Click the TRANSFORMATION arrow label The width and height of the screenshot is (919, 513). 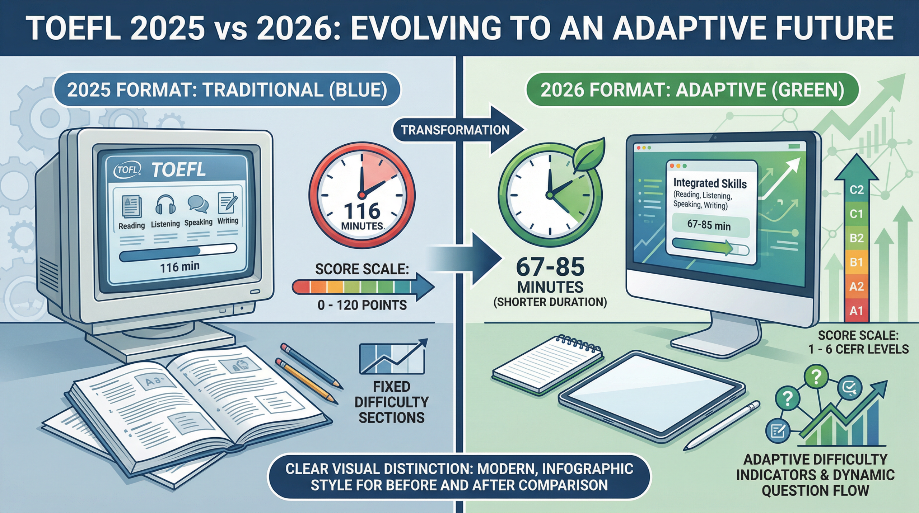pos(455,130)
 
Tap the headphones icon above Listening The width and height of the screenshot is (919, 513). pos(165,205)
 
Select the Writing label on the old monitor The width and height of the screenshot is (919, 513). pos(228,220)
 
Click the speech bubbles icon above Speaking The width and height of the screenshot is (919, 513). pos(198,204)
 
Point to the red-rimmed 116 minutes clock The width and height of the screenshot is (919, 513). pos(362,196)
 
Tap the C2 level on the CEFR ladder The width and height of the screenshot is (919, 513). pos(857,190)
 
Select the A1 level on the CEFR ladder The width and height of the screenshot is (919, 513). pos(857,311)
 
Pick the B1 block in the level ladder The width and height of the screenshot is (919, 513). pos(857,262)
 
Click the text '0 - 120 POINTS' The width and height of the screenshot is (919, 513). pos(362,305)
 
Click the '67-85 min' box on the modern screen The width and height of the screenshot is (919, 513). pos(709,226)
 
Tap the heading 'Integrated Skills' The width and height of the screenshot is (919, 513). pos(710,183)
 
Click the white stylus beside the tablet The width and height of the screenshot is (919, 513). pos(722,426)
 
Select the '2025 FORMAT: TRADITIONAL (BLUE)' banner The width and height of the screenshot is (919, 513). pos(227,90)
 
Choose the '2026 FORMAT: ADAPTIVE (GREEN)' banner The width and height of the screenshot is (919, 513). pos(692,90)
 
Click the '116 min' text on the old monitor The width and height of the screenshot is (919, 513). pos(179,267)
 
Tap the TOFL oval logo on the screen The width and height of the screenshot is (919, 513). pos(127,169)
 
